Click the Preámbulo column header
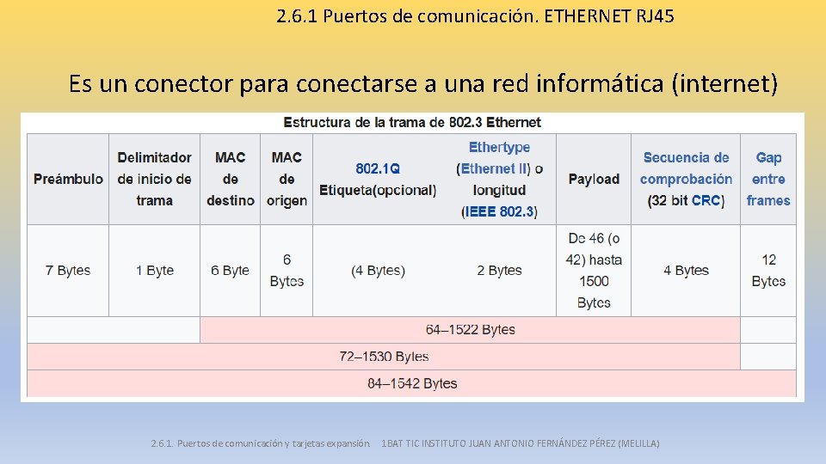point(68,179)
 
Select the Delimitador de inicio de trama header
point(154,179)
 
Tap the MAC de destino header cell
point(230,179)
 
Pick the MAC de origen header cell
point(287,179)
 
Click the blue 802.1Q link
point(378,169)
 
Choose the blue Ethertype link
point(499,148)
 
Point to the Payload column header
point(594,179)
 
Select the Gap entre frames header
point(768,179)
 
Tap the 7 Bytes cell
point(68,271)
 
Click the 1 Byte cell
point(154,271)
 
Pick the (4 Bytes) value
point(378,271)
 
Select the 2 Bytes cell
point(499,271)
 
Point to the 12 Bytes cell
point(768,271)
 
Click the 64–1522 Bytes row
point(470,330)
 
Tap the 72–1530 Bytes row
point(384,357)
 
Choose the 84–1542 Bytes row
point(412,383)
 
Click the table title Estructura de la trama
point(412,122)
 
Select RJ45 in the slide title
point(654,15)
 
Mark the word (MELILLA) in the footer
point(638,443)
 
